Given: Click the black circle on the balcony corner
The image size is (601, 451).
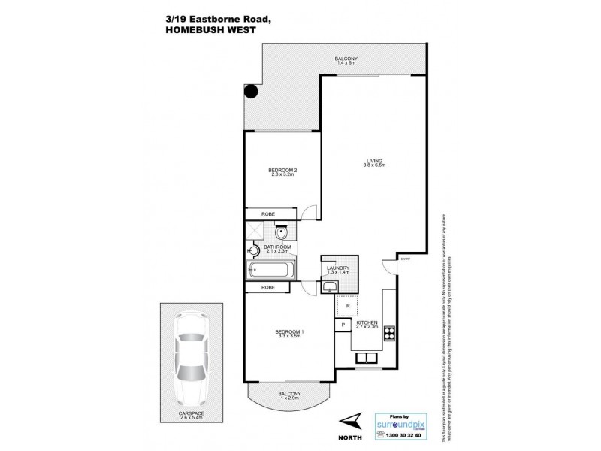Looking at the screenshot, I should click(251, 92).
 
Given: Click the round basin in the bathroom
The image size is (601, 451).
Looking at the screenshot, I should click(254, 252).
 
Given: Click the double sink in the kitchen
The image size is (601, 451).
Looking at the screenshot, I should click(366, 358).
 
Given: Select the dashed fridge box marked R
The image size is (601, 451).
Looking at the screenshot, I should click(347, 306).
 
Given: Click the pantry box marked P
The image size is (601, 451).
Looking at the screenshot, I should click(342, 325).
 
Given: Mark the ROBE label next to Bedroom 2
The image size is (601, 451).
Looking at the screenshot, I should click(267, 214).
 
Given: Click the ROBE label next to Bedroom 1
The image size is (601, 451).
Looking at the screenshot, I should click(267, 287).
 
